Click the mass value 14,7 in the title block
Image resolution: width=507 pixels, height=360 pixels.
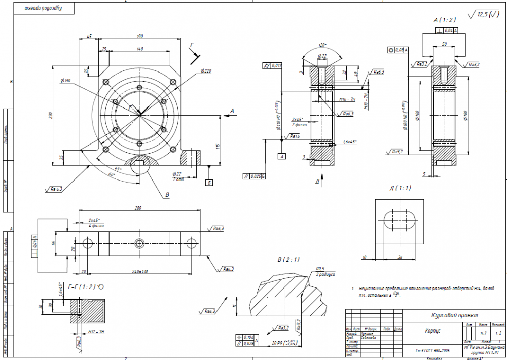[x=482, y=333]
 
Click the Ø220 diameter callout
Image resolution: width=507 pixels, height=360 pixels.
[x=206, y=71]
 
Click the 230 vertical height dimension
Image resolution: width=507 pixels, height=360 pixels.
[x=50, y=115]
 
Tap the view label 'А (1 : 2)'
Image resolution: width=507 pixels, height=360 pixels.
[x=445, y=20]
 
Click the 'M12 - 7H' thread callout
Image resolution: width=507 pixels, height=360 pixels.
[x=96, y=331]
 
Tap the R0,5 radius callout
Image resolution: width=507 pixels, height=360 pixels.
[x=319, y=269]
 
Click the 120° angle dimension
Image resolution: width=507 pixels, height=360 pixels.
[x=321, y=45]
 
